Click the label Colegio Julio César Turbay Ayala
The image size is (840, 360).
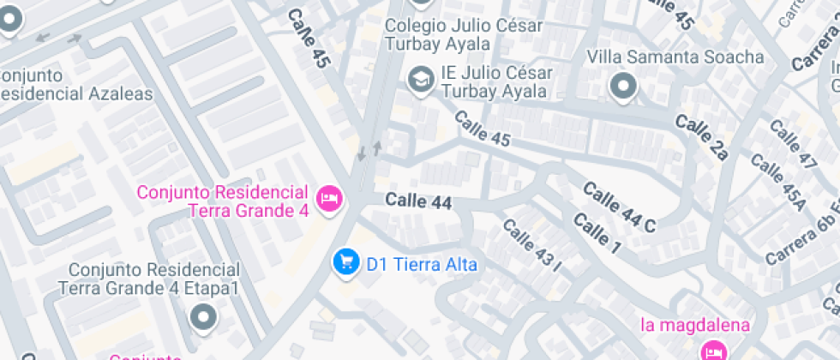coord(463,34)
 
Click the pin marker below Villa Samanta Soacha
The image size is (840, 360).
coord(623,87)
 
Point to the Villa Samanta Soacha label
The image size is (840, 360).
coord(675,57)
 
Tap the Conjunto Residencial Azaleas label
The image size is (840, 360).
coord(76,84)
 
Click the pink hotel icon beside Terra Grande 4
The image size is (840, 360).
coord(328,199)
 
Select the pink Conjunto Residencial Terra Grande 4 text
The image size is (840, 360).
coord(222,201)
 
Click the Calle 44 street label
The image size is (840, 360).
coord(418,201)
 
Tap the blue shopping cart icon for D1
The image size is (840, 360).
coord(345,262)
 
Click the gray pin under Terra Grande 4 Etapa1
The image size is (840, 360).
coord(203,318)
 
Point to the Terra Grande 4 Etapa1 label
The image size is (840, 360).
coord(148,279)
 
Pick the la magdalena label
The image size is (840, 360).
coord(696,326)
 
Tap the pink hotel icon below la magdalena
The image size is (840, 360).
coord(713,350)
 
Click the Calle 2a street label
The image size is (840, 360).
coord(701,138)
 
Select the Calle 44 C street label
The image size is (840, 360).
coord(619,207)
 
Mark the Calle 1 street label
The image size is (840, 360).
coord(597,234)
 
